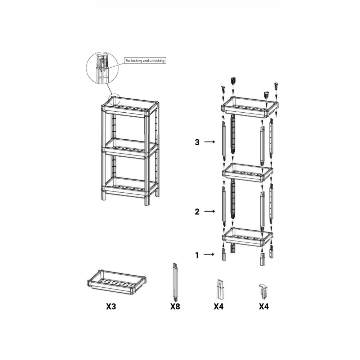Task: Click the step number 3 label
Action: (x=197, y=142)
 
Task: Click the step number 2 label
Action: (x=197, y=211)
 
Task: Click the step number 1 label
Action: (x=197, y=255)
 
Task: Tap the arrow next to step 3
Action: (x=210, y=142)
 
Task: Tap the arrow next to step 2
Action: (x=210, y=211)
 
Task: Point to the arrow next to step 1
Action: (x=209, y=255)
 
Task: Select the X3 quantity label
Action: (x=111, y=306)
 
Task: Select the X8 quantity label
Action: (x=175, y=306)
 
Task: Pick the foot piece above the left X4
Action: (x=220, y=289)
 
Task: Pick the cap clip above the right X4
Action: (x=264, y=291)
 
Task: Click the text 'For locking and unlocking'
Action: (x=145, y=60)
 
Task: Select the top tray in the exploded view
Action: (x=249, y=108)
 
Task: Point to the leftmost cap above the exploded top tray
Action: (x=223, y=89)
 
